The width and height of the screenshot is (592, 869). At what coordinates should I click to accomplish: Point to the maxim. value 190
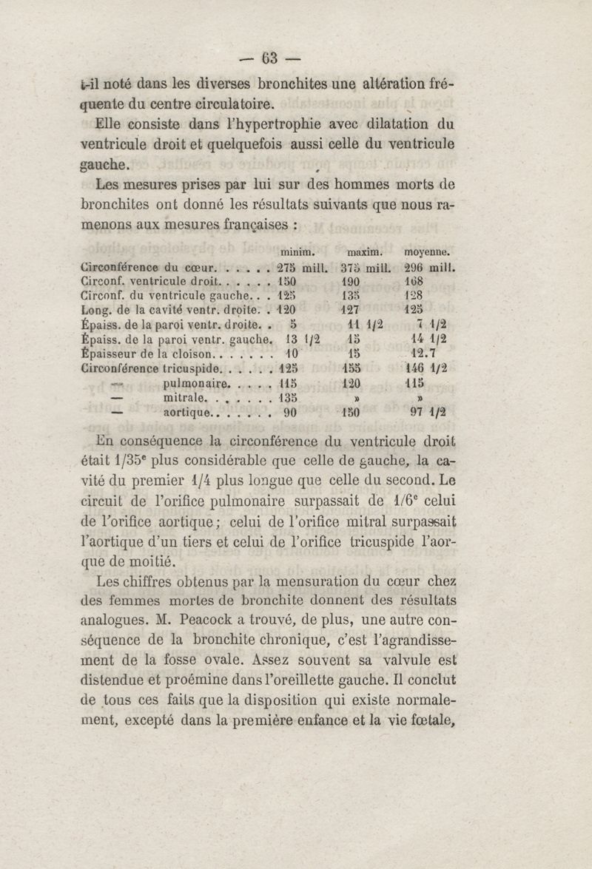[352, 283]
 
